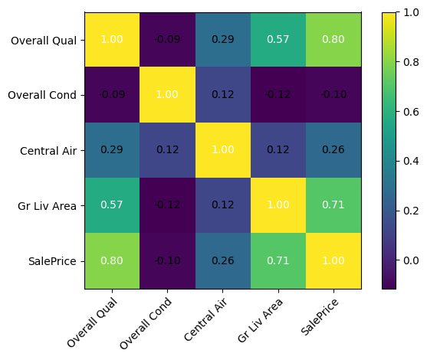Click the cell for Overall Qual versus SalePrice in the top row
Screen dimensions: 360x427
(x=333, y=39)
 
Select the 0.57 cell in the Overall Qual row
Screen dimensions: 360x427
(x=278, y=39)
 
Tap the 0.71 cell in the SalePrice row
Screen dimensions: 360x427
(x=278, y=260)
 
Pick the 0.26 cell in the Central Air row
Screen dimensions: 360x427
(x=333, y=150)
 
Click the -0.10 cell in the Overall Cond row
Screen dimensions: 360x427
(x=333, y=95)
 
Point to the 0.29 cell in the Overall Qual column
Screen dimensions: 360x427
(x=112, y=150)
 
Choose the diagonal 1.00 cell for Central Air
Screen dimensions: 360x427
(x=223, y=150)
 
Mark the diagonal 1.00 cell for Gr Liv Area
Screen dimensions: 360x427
(x=278, y=205)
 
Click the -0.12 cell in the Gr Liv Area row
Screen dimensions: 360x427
(x=167, y=205)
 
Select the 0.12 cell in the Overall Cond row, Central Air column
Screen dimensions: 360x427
(x=223, y=95)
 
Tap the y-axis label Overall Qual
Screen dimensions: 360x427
(x=44, y=40)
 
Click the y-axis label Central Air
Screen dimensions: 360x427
(x=49, y=150)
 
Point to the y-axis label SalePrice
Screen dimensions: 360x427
(x=51, y=261)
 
